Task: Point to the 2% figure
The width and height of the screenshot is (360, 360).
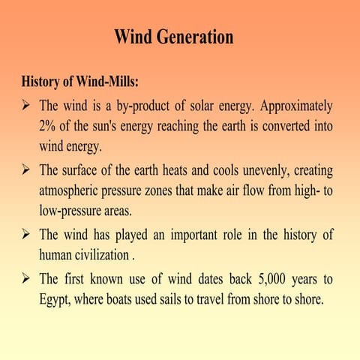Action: click(x=49, y=125)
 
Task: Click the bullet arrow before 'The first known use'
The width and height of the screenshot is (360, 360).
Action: click(x=27, y=280)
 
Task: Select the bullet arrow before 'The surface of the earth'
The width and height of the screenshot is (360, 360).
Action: click(x=27, y=170)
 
